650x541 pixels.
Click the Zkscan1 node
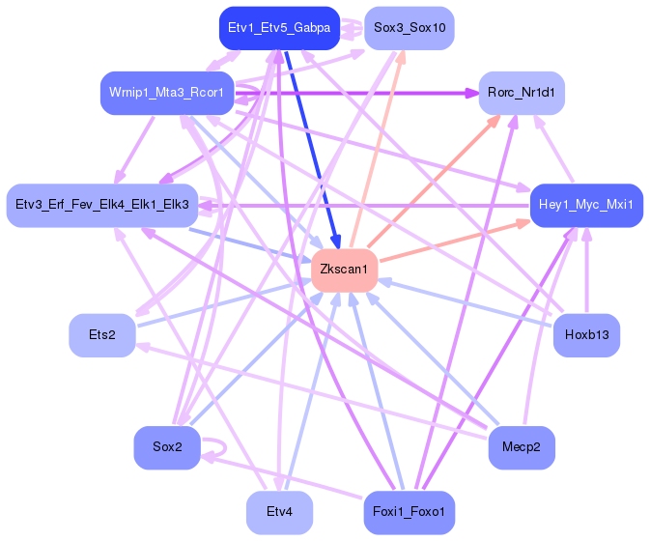(x=344, y=269)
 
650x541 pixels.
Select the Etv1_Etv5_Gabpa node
(x=278, y=28)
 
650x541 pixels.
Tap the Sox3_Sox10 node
(x=410, y=28)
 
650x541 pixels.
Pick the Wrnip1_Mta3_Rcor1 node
(x=166, y=93)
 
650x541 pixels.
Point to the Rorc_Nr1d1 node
(x=522, y=94)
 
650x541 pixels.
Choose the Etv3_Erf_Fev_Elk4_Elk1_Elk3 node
(x=102, y=205)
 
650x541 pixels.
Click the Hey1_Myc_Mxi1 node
(x=586, y=205)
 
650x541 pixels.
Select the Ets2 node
(x=102, y=335)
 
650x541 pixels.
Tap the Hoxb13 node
(x=586, y=335)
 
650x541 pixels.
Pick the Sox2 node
(x=166, y=447)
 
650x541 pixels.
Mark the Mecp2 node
(x=522, y=447)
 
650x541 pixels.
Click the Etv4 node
(x=278, y=511)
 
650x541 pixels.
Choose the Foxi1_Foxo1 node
(x=410, y=511)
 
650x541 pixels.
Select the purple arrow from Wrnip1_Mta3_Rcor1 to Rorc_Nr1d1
(x=367, y=94)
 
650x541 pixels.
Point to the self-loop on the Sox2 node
(x=220, y=447)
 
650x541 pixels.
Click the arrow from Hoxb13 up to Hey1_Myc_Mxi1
(x=586, y=280)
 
